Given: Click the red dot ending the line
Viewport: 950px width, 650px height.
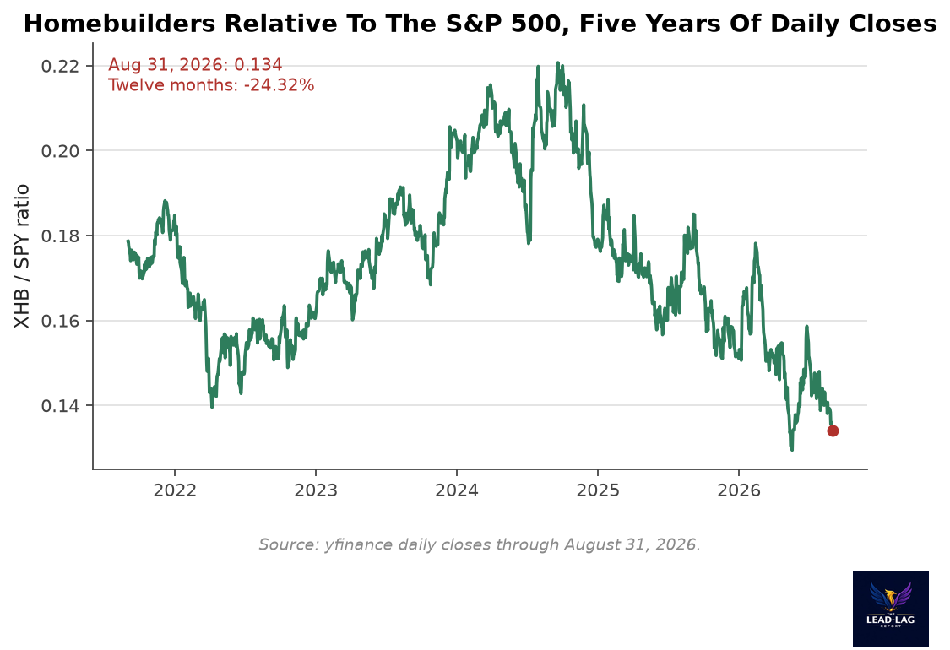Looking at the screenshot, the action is coord(833,431).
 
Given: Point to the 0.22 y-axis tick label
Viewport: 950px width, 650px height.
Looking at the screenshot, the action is coord(61,66).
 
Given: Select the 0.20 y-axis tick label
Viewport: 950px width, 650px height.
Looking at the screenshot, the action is coord(61,151).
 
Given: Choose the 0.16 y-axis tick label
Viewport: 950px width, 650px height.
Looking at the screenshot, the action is coord(61,321).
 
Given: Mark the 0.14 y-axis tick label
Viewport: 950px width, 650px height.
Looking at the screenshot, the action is coord(61,405).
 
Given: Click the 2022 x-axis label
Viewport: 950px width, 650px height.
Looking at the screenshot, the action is coord(175,490).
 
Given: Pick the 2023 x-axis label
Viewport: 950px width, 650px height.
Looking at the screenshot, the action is coord(316,490).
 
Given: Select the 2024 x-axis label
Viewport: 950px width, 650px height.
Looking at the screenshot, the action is coord(457,490).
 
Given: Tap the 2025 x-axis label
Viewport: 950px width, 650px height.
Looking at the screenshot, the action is coord(598,490).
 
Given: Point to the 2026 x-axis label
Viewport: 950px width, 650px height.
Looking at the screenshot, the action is coord(739,490).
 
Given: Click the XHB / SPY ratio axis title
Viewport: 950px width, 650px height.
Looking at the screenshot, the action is coord(22,256).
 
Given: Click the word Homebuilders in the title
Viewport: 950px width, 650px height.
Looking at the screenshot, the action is coord(119,24).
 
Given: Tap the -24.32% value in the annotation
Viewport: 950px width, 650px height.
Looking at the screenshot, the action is coord(279,84).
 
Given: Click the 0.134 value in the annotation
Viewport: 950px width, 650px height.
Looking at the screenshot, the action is coord(258,65).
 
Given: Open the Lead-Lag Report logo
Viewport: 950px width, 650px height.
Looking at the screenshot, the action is coord(891,608).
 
